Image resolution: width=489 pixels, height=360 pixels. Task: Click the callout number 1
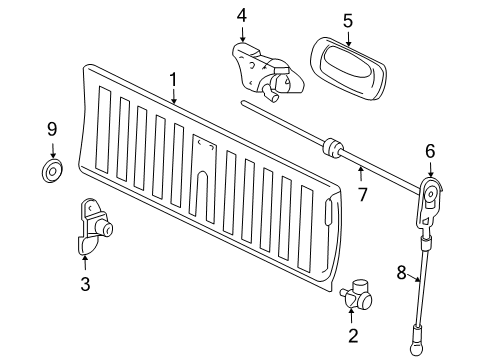pos(173,79)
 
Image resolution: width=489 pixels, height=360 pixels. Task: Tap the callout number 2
pos(352,335)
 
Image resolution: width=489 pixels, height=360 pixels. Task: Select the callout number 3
pos(85,285)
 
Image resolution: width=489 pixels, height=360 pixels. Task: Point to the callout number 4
pos(241,15)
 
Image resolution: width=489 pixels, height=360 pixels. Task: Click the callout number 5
pos(347,18)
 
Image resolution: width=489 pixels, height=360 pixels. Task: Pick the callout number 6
pos(430,152)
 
